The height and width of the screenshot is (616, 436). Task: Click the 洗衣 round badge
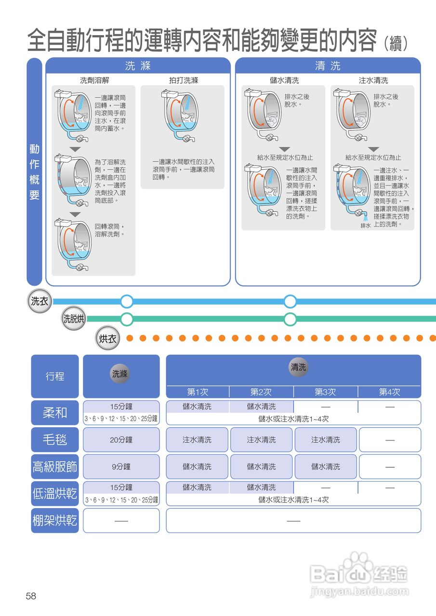click(39, 302)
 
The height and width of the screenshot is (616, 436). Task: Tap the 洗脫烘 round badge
click(74, 319)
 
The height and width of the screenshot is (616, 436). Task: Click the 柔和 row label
click(55, 412)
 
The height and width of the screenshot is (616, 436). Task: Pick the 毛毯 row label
click(55, 439)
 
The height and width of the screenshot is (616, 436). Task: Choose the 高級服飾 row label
click(55, 466)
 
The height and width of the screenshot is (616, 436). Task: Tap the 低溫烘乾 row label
click(55, 493)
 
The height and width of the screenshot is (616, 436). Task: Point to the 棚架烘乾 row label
click(55, 520)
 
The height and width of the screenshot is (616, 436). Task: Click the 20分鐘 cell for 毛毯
click(121, 439)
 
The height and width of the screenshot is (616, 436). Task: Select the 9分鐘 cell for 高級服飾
click(121, 466)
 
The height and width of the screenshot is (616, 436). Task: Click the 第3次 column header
click(325, 392)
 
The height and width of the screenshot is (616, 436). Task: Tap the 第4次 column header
click(389, 392)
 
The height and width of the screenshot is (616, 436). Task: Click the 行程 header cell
click(55, 376)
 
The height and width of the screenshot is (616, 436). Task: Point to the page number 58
click(31, 596)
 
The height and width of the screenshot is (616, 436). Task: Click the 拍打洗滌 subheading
click(183, 80)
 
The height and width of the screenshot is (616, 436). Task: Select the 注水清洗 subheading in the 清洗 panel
click(373, 80)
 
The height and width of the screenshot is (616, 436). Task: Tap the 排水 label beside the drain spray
click(366, 226)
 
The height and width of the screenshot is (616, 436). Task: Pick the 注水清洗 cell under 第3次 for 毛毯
click(325, 439)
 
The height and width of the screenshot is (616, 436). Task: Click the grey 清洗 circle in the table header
click(298, 368)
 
